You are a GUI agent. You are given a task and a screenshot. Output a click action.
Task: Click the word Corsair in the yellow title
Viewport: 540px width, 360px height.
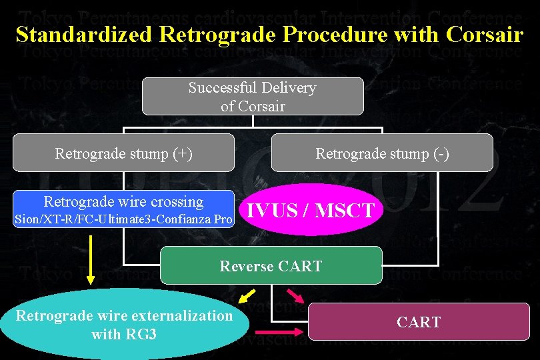487,35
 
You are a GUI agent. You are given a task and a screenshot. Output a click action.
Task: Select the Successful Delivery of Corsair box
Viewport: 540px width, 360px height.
252,97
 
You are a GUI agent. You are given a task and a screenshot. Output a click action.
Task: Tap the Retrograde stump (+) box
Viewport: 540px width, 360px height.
124,153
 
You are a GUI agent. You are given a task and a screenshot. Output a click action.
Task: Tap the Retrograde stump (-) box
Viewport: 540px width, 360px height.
382,153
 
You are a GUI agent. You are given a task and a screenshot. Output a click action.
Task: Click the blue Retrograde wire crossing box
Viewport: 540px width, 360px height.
124,209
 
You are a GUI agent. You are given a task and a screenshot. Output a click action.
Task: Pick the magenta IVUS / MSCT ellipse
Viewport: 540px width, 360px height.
311,211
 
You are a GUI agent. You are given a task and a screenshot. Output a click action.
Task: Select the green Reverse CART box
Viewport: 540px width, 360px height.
271,266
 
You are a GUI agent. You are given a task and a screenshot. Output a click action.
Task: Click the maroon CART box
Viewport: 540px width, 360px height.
418,323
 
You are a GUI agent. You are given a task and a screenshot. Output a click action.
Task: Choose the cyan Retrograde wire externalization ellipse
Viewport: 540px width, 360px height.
124,324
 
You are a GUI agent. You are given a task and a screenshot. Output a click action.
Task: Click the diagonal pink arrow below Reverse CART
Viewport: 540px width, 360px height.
294,296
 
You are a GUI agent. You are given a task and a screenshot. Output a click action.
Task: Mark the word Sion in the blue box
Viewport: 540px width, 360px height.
26,219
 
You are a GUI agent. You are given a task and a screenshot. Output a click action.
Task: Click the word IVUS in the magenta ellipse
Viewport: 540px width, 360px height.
271,211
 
